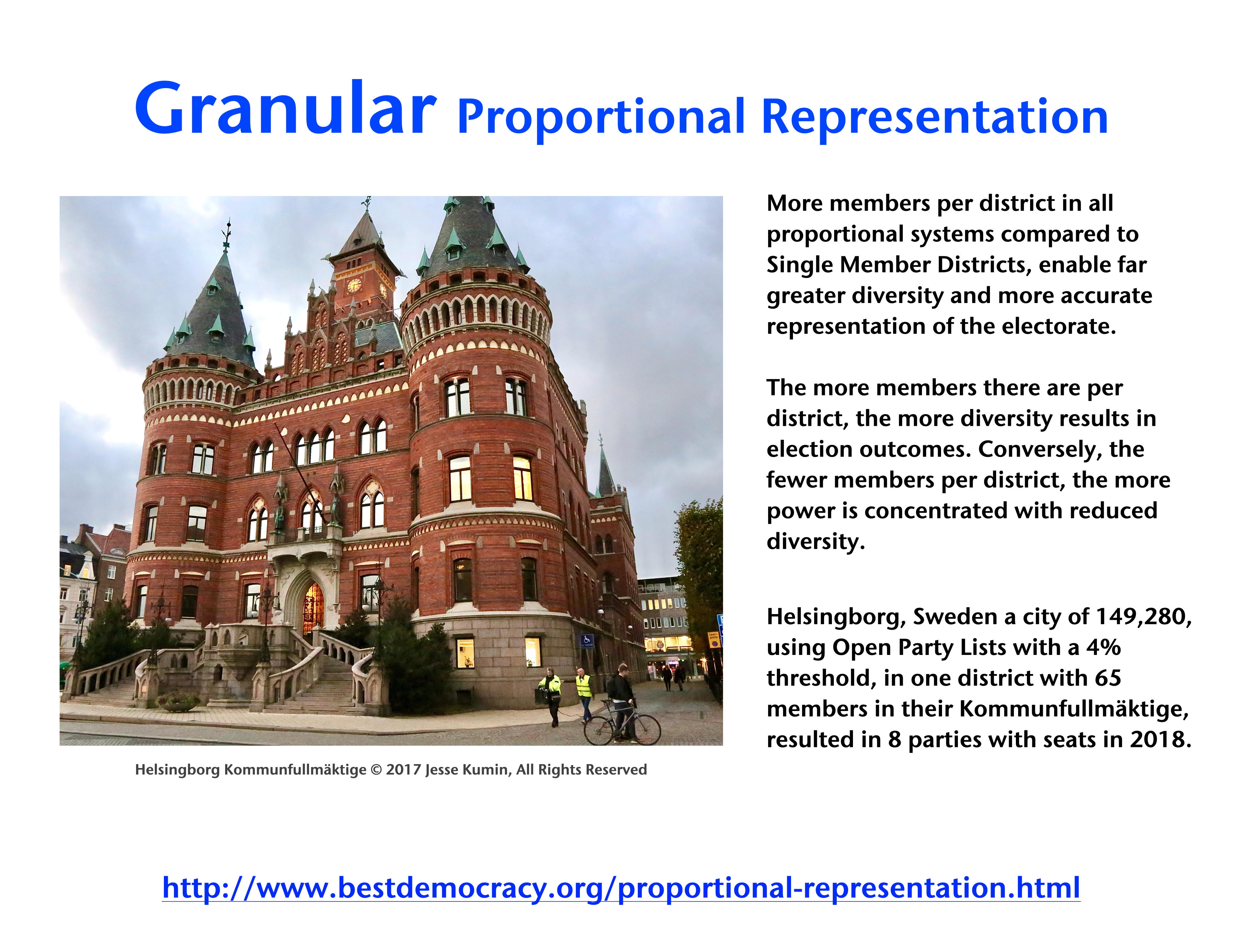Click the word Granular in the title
point(285,109)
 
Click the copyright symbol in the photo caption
point(376,770)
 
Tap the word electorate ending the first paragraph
point(1058,326)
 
